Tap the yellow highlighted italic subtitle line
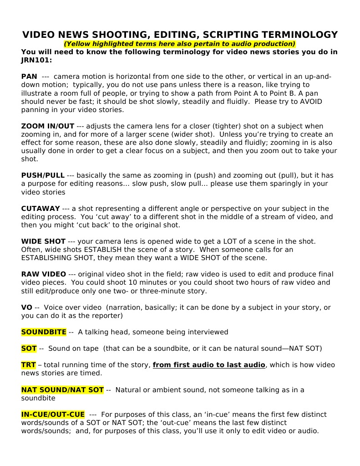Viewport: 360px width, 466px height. tap(180, 44)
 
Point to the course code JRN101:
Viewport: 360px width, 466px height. tap(36, 60)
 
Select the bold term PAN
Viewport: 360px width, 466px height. tap(29, 77)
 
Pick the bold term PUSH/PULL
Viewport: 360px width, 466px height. tap(43, 175)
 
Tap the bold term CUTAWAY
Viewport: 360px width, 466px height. tap(41, 209)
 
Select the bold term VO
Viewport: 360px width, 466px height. tap(26, 307)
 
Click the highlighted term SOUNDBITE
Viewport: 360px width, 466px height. tap(44, 332)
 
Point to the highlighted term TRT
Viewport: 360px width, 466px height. tap(28, 365)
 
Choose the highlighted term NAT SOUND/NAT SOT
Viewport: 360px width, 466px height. tap(62, 390)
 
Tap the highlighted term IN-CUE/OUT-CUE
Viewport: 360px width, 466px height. tap(53, 415)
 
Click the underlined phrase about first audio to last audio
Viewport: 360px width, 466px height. tap(209, 365)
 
